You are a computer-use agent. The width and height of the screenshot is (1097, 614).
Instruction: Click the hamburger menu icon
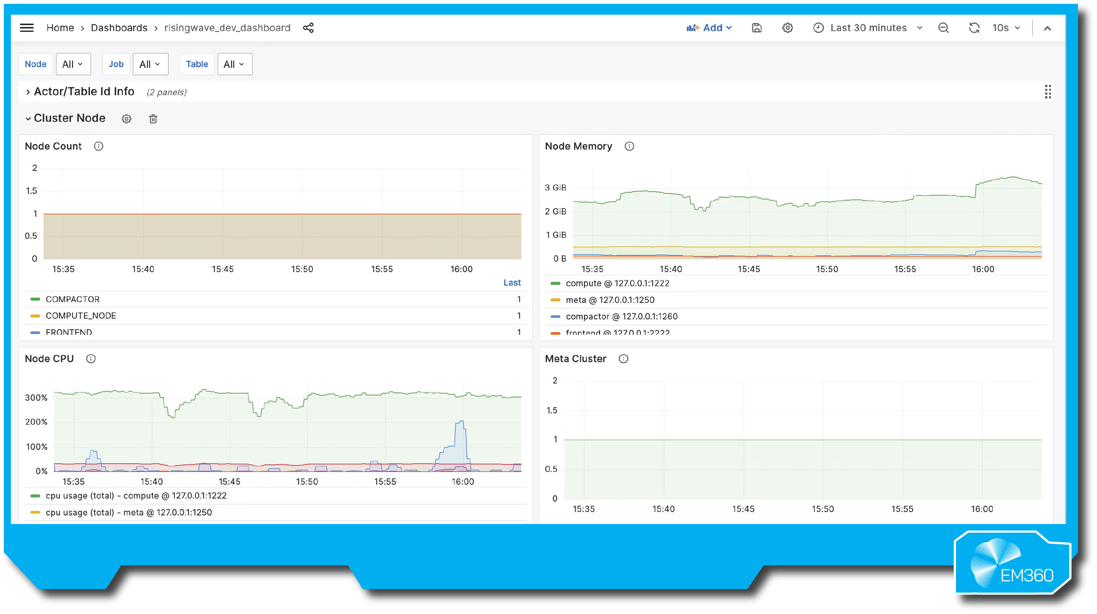click(27, 28)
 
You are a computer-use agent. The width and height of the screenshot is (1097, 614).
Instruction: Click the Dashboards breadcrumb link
click(119, 28)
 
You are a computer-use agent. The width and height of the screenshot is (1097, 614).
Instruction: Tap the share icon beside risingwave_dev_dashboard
click(308, 28)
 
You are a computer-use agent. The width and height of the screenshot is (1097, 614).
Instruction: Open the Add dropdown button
click(709, 28)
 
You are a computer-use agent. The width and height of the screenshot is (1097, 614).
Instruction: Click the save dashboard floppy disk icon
click(756, 28)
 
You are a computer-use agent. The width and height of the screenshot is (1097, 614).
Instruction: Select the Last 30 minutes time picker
click(868, 28)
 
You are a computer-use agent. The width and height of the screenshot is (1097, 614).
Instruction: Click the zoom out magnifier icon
click(943, 28)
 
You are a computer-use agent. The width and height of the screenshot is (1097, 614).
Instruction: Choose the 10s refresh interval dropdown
click(1005, 28)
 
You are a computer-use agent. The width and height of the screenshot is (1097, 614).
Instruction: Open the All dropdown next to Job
click(150, 64)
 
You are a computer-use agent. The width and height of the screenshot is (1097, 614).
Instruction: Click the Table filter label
click(197, 64)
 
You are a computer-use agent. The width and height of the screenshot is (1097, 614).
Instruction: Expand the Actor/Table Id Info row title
click(84, 91)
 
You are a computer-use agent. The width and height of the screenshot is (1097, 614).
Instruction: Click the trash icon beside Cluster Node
click(153, 119)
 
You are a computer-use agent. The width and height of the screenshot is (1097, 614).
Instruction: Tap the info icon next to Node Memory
click(629, 146)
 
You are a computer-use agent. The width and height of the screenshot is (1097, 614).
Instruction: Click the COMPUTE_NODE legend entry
click(81, 316)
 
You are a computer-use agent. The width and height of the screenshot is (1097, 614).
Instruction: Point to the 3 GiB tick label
click(555, 188)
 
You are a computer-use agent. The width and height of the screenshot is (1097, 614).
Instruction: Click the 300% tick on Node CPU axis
click(36, 398)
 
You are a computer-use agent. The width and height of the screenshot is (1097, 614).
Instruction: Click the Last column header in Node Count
click(512, 283)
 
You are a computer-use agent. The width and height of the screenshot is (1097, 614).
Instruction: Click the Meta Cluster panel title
click(575, 359)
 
